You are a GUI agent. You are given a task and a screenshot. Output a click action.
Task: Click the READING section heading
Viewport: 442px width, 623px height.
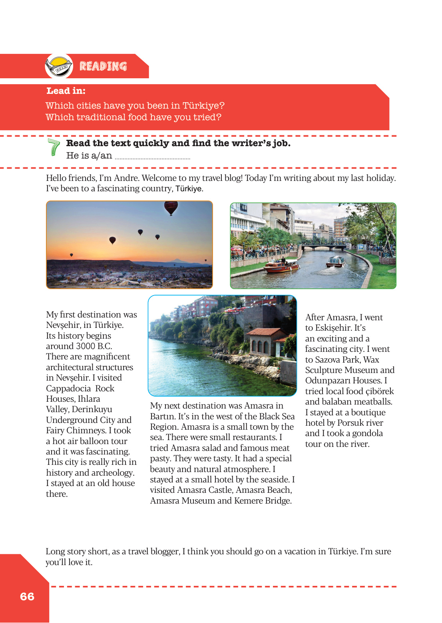[x=103, y=66]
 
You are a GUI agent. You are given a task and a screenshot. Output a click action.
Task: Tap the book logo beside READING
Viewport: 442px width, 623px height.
[x=59, y=66]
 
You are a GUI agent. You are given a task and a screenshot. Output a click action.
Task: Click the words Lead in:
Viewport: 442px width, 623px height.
[x=66, y=91]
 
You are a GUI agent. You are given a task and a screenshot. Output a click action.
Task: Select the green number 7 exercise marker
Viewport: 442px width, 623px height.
[x=54, y=147]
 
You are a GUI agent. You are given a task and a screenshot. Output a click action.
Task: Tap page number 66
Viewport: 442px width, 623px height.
[x=27, y=597]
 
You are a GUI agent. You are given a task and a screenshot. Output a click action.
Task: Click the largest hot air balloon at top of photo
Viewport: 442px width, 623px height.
[x=171, y=207]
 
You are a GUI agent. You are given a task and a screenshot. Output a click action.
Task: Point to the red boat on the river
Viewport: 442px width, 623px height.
[x=282, y=266]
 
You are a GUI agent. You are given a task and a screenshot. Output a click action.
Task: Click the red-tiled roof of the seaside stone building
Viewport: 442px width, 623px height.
[x=263, y=332]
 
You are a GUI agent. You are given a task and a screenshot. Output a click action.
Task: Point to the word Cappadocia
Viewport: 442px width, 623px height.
[x=68, y=389]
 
